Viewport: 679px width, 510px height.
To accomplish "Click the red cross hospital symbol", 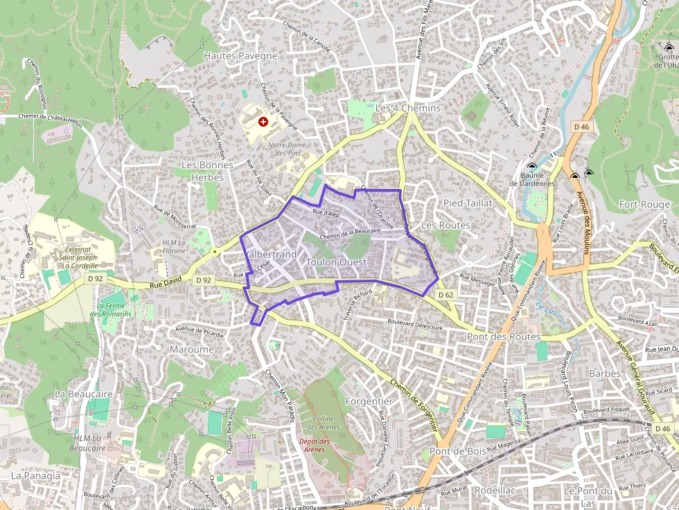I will [x=263, y=121].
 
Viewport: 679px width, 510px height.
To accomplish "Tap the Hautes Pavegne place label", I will [x=240, y=55].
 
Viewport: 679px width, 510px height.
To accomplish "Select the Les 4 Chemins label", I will [x=407, y=109].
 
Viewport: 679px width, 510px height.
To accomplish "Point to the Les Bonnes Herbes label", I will [x=202, y=171].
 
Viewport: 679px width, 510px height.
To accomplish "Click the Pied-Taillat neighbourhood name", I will [x=467, y=203].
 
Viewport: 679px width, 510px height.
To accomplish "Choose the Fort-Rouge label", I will [x=644, y=204].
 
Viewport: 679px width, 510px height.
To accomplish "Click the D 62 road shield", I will [x=446, y=295].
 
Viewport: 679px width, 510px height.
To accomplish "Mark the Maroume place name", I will [x=192, y=349].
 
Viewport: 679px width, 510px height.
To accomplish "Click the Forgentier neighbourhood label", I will [x=369, y=401].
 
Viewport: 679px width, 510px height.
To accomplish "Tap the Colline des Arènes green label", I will [x=323, y=423].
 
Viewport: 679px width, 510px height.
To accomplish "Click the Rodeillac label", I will [x=495, y=489].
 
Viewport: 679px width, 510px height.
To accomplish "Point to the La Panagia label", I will [x=36, y=475].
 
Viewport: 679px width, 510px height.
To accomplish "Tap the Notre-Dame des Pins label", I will [x=287, y=149].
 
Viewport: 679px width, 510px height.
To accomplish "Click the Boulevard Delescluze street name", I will [x=414, y=322].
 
